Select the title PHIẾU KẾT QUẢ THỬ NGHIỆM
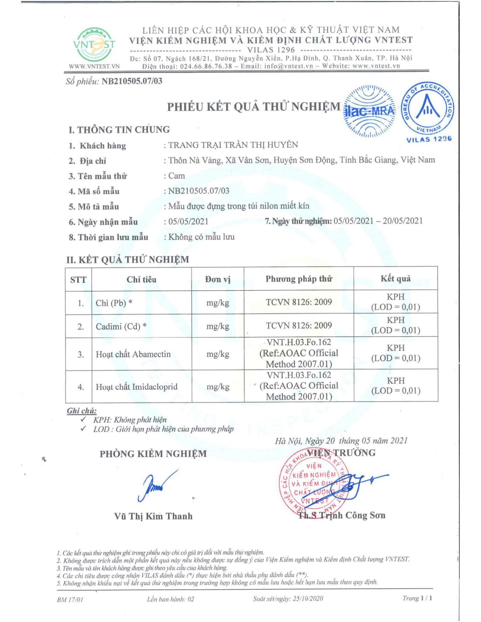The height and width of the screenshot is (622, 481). (254, 107)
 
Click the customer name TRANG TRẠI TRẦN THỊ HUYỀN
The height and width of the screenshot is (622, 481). (233, 145)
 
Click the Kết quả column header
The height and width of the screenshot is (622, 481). (395, 279)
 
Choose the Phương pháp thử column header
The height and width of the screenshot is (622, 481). (299, 279)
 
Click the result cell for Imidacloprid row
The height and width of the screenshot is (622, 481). (395, 386)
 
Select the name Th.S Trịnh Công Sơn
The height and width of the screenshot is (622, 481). (342, 515)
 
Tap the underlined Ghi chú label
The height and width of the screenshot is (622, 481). (81, 411)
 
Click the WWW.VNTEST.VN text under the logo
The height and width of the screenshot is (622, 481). (94, 67)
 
